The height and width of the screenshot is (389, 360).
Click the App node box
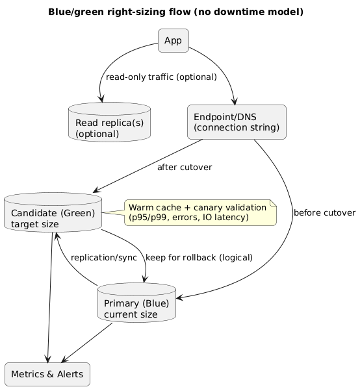(173, 40)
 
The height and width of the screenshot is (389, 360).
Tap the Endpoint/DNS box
(237, 121)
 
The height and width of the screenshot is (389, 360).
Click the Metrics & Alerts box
(47, 375)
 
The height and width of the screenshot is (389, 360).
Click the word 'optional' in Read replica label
(97, 134)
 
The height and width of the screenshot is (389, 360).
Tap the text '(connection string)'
(237, 128)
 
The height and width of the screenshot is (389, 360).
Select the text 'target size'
(35, 224)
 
